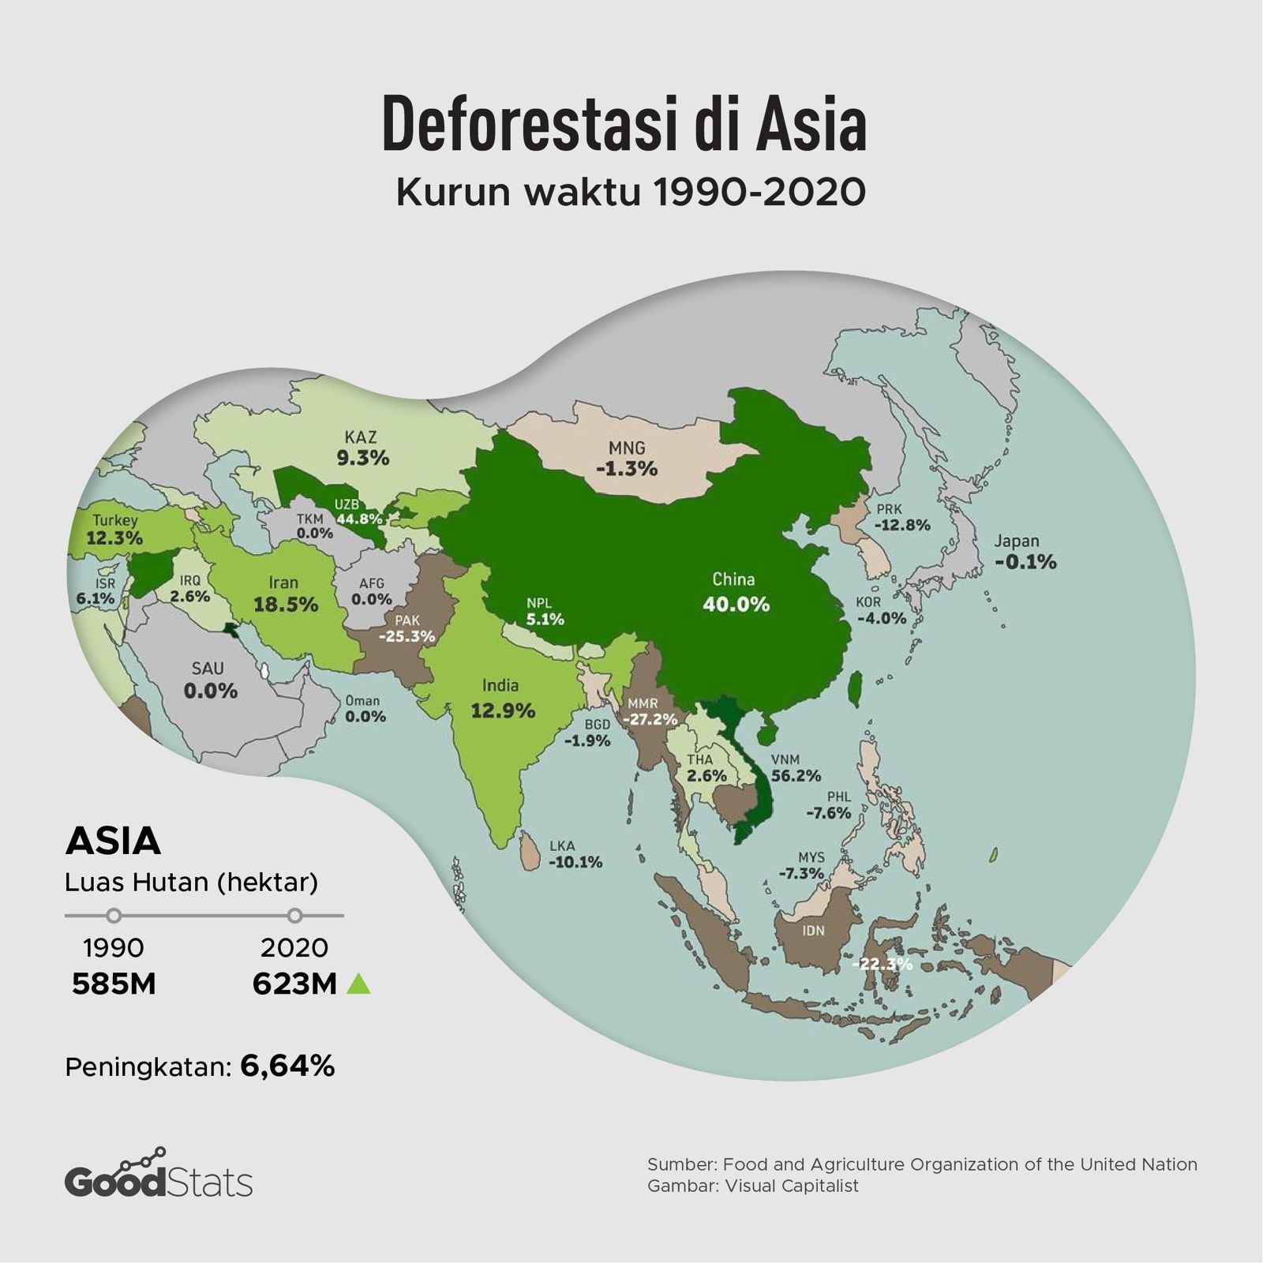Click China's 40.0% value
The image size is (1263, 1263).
point(735,605)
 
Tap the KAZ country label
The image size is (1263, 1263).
point(360,437)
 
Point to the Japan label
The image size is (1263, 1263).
point(1016,542)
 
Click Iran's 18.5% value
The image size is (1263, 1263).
point(285,605)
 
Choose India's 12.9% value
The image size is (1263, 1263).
point(503,710)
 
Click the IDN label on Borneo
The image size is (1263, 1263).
point(813,931)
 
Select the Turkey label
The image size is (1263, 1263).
point(115,521)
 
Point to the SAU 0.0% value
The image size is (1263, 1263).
point(210,691)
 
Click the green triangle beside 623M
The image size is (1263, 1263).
point(358,984)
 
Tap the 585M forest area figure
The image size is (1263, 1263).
point(114,984)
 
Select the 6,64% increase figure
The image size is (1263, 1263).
point(287,1066)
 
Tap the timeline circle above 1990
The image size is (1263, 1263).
point(114,916)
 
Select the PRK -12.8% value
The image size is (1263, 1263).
point(901,525)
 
